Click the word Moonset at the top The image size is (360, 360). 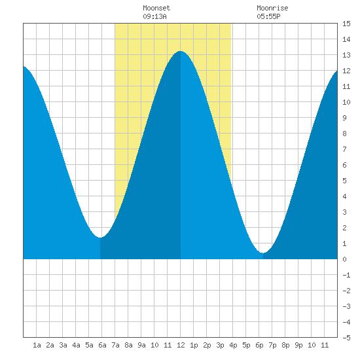(156, 8)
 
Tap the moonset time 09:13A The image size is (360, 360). (154, 16)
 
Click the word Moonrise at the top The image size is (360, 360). (272, 8)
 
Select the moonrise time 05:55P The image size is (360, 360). (268, 16)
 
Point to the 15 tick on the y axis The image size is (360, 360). (346, 24)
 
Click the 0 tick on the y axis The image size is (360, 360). (344, 259)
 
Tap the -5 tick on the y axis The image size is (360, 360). (346, 338)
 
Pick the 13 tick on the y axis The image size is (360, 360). (346, 55)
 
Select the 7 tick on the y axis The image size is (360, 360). (344, 149)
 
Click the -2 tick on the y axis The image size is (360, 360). (346, 291)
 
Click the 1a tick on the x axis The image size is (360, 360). (37, 345)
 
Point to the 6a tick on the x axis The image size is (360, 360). (102, 345)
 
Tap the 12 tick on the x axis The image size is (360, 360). (181, 345)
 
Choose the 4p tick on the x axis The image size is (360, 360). (233, 345)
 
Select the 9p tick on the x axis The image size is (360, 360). (298, 345)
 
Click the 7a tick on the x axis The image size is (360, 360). (115, 345)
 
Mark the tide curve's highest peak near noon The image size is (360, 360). (181, 51)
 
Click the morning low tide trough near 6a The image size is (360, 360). (100, 238)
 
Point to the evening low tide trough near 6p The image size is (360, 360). (263, 253)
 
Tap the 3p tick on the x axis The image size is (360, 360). (220, 345)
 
